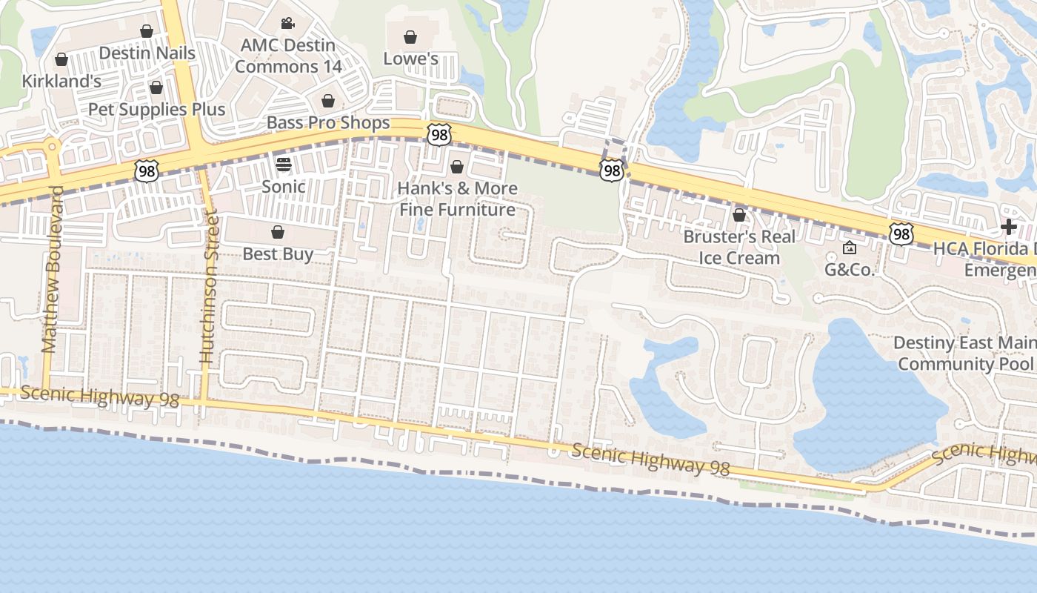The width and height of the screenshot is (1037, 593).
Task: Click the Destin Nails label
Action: pos(147,53)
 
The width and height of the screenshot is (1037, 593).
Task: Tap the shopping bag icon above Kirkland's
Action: pos(61,59)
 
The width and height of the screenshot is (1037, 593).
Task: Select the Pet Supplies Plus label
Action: pos(156,110)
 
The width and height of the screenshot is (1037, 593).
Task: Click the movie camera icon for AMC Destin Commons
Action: pos(288,24)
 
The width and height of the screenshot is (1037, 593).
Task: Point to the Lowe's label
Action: pos(410,59)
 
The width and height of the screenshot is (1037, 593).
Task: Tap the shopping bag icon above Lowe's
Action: pos(410,37)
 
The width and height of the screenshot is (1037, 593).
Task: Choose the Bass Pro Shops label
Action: pos(328,122)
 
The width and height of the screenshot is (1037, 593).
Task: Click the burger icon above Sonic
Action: pos(284,164)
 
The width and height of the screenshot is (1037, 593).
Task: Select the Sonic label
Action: pos(284,186)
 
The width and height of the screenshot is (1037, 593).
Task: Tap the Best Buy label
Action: pos(278,254)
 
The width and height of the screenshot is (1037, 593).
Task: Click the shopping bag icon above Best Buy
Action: pos(278,233)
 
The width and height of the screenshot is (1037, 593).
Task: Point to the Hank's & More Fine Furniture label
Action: pos(457,199)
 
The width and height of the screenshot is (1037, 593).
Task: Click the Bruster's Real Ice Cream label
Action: pos(739,247)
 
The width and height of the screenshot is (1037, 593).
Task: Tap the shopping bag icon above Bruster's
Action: pos(739,216)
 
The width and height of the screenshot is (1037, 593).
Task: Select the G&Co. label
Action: pos(850,270)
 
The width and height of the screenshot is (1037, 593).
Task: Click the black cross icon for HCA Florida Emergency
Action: pos(1009,227)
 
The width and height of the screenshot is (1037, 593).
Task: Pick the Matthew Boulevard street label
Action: pos(51,269)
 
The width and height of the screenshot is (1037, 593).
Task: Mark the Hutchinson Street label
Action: pos(208,288)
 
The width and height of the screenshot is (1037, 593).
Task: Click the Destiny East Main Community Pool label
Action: pos(964,354)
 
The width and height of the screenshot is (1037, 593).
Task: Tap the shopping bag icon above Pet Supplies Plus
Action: pos(156,87)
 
